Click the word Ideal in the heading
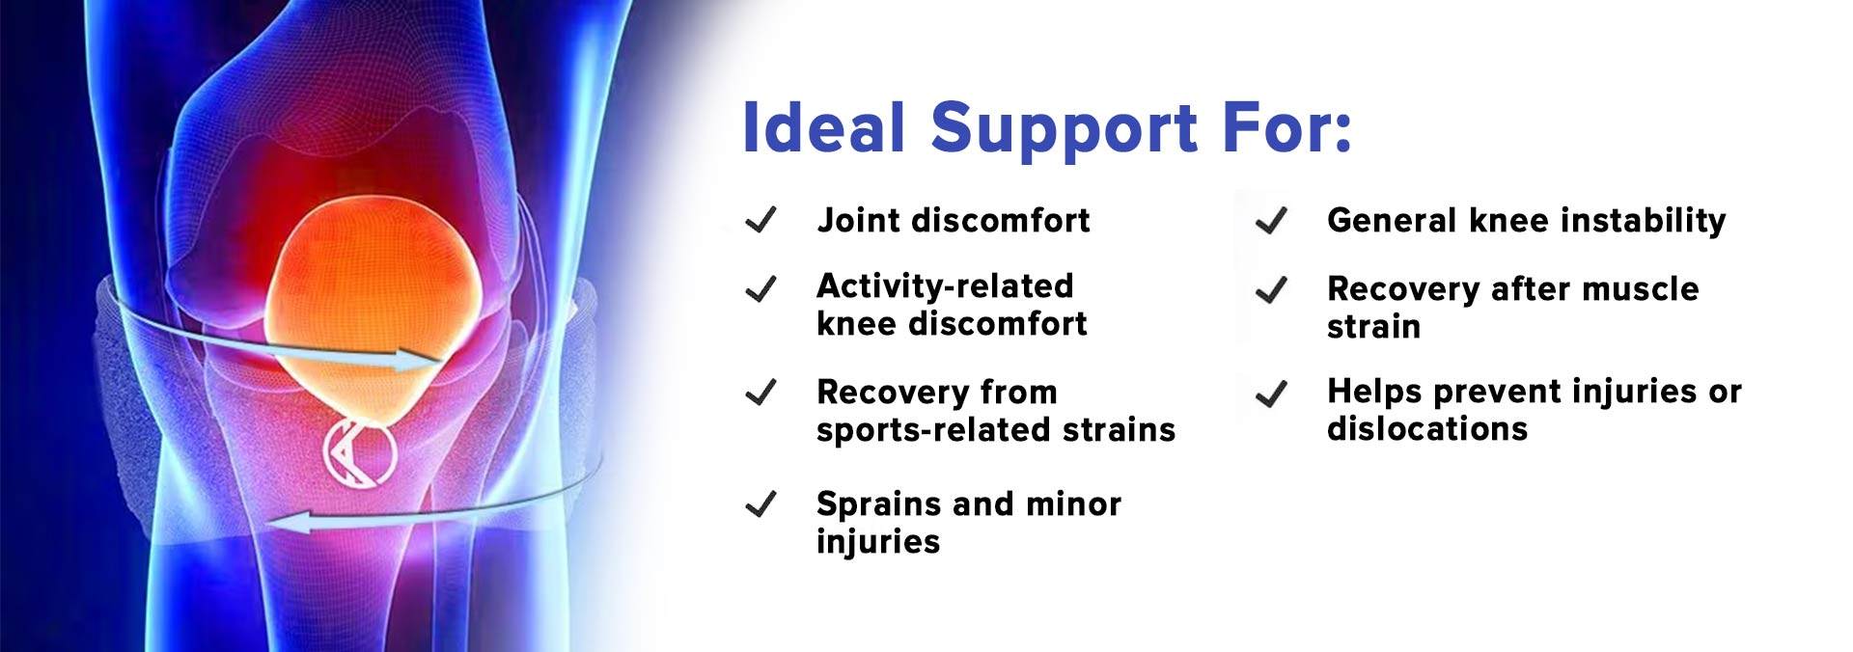tap(823, 128)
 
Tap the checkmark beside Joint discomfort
tap(761, 221)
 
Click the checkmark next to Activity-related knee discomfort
tap(761, 288)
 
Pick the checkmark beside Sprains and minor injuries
tap(761, 504)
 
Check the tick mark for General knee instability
tap(1272, 221)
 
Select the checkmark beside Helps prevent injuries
tap(1272, 394)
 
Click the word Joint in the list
tap(859, 221)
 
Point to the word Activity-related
tap(945, 286)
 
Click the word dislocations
tap(1427, 428)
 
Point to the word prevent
tap(1497, 393)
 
